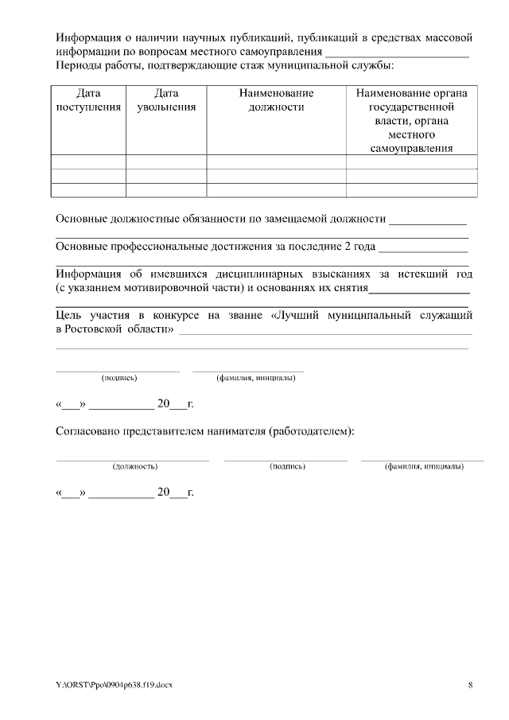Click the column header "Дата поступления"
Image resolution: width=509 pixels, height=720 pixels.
88,100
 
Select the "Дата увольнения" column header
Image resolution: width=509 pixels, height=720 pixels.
166,100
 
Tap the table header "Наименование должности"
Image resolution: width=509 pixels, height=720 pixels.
276,100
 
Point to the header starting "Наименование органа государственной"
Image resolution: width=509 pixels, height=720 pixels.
411,120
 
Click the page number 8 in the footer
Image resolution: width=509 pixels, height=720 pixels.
470,685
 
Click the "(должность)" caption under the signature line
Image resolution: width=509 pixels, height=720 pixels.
134,466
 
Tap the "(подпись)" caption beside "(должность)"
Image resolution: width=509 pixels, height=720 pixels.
287,466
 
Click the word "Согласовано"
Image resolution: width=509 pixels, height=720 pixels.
87,431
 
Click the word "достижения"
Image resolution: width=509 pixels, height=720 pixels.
227,246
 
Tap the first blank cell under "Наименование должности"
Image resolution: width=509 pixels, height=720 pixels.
276,162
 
